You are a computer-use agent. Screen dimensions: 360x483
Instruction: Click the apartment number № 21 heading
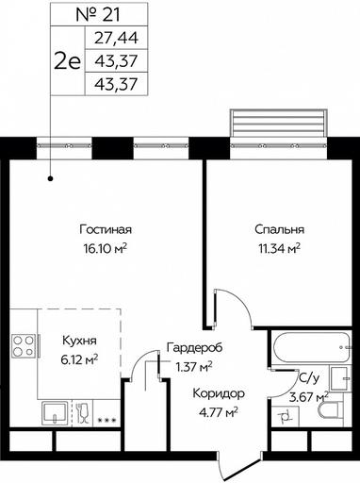(98, 15)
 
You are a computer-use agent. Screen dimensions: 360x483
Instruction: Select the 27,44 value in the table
(116, 38)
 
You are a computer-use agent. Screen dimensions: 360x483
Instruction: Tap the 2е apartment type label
(68, 61)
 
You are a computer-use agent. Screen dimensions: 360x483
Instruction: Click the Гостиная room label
(106, 229)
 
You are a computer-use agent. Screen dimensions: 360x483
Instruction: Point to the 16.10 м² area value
(106, 249)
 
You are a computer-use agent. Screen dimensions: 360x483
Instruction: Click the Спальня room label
(279, 229)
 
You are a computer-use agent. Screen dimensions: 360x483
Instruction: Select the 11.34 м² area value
(279, 249)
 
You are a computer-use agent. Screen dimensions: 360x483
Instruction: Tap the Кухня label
(79, 341)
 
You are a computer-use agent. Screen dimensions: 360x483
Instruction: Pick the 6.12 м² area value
(79, 359)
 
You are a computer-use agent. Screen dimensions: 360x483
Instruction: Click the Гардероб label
(194, 348)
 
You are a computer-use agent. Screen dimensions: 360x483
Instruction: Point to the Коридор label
(219, 393)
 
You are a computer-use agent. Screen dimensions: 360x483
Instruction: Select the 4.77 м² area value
(219, 411)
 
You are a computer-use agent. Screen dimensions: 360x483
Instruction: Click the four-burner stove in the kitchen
(24, 346)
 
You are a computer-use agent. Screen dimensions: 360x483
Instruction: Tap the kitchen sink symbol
(55, 413)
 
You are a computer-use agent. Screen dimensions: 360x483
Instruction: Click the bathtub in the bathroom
(311, 348)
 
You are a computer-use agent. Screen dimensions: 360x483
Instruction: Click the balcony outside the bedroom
(279, 123)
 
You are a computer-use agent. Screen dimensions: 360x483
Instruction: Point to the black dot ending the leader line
(50, 179)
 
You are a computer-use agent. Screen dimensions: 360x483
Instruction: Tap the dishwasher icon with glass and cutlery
(83, 413)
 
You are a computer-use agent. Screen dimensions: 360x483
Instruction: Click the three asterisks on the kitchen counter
(107, 420)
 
